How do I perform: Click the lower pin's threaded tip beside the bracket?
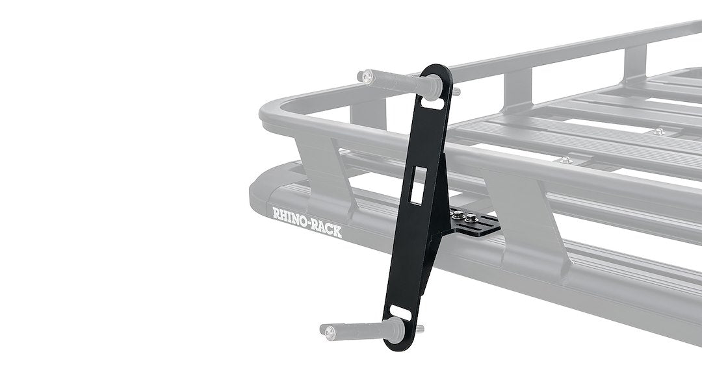pos(420,328)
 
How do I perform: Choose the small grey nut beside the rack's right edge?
pos(658,132)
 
